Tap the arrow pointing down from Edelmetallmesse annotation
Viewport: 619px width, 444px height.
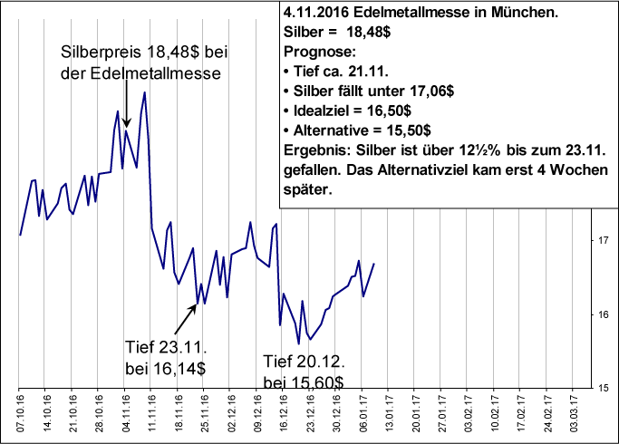tap(127, 104)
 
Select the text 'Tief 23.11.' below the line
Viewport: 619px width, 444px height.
tap(167, 348)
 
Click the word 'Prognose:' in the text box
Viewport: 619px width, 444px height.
tap(314, 52)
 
